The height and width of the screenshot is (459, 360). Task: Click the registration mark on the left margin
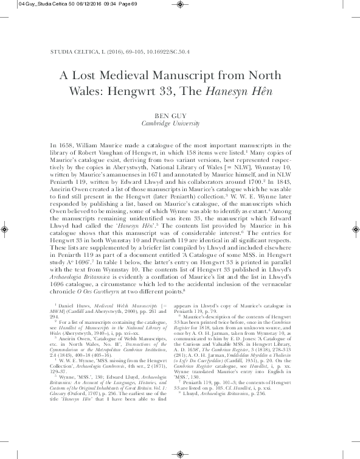tap(5, 230)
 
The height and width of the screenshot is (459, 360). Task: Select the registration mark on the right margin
tap(355, 230)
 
